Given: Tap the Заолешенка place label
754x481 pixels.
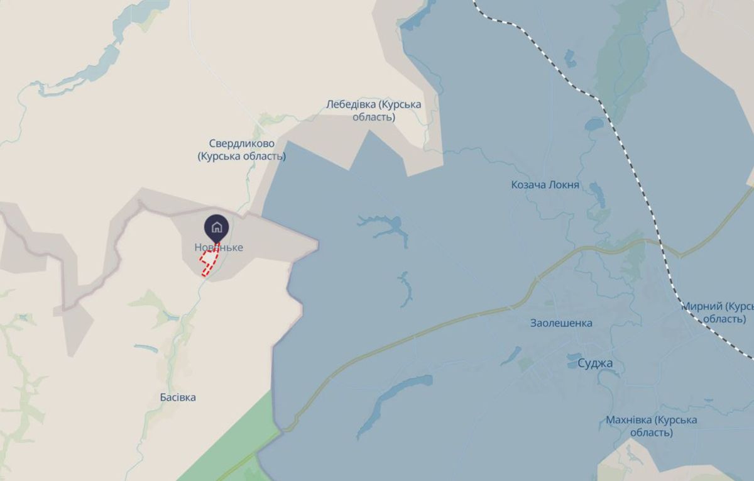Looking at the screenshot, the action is pyautogui.click(x=561, y=323).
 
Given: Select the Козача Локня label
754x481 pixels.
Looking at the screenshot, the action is pyautogui.click(x=545, y=185).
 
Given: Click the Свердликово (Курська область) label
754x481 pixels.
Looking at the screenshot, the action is pyautogui.click(x=241, y=150).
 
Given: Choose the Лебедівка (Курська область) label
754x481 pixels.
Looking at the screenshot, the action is pyautogui.click(x=374, y=110).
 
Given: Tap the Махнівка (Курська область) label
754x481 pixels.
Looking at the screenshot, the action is pyautogui.click(x=652, y=426).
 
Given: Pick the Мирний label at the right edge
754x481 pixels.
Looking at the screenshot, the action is pyautogui.click(x=717, y=312).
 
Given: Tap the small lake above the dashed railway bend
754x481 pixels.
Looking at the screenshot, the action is pyautogui.click(x=594, y=124).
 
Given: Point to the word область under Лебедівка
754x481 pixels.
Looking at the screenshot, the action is pyautogui.click(x=374, y=117).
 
